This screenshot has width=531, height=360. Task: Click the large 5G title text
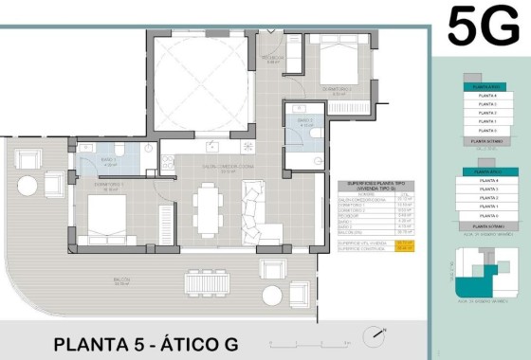tap(483, 26)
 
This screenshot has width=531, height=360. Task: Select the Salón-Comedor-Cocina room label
tap(200, 168)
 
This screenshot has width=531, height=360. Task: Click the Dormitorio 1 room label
tap(111, 186)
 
